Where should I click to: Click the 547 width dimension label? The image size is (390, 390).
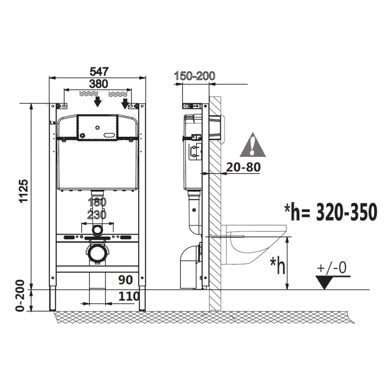[x=99, y=71]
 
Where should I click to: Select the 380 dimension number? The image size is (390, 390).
[x=99, y=84]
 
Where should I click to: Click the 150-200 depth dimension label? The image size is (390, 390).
[x=195, y=76]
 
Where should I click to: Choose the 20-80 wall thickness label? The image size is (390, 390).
[x=243, y=167]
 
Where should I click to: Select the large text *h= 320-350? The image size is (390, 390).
[x=331, y=212]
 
